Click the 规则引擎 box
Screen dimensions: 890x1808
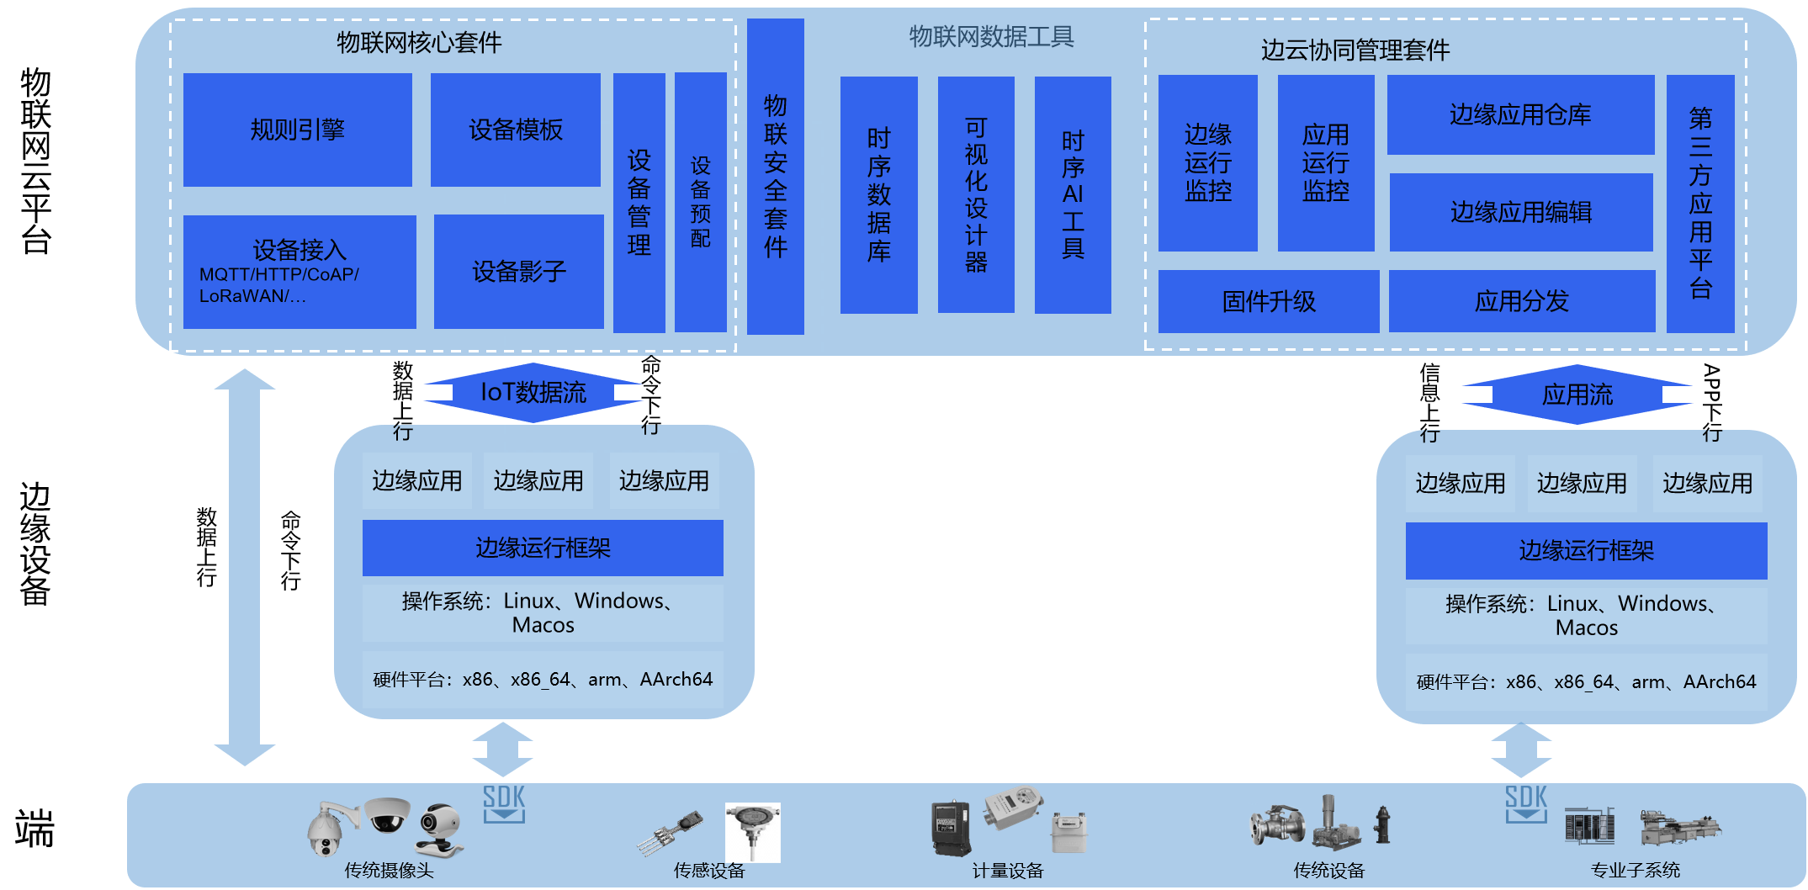pos(297,130)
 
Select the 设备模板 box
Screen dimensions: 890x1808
pos(515,130)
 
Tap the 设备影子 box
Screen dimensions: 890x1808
pos(518,271)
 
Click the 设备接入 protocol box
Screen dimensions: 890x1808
pos(299,272)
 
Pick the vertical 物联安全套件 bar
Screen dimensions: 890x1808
pos(775,176)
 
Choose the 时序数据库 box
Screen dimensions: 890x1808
pos(878,194)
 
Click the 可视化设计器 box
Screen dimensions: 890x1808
pos(975,194)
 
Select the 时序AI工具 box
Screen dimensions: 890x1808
pos(1072,194)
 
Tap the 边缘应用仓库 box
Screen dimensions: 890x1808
pos(1519,114)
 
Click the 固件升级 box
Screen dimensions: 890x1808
pos(1268,301)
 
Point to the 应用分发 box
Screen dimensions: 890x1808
pos(1521,301)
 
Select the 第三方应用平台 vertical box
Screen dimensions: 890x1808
pos(1699,203)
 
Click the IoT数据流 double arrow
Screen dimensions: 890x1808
pos(533,392)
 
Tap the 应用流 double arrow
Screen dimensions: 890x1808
pos(1577,395)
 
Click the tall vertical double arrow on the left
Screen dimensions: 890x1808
pos(244,567)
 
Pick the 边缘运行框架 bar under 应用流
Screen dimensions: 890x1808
pos(1585,551)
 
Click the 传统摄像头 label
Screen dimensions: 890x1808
pos(389,871)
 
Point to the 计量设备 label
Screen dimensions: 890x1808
pos(1007,871)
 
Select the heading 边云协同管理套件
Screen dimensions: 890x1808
pos(1355,50)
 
